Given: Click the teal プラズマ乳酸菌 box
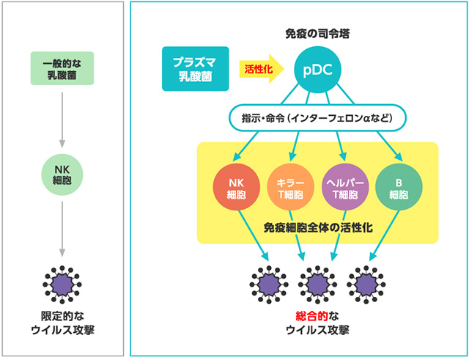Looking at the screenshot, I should click(x=193, y=69).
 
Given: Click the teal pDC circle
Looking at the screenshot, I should click(x=318, y=69).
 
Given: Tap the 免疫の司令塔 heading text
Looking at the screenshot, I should click(x=318, y=34).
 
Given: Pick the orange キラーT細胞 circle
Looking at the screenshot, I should click(x=292, y=188).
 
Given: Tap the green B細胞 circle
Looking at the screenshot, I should click(x=398, y=188).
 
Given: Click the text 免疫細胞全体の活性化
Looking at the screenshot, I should click(x=317, y=228).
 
